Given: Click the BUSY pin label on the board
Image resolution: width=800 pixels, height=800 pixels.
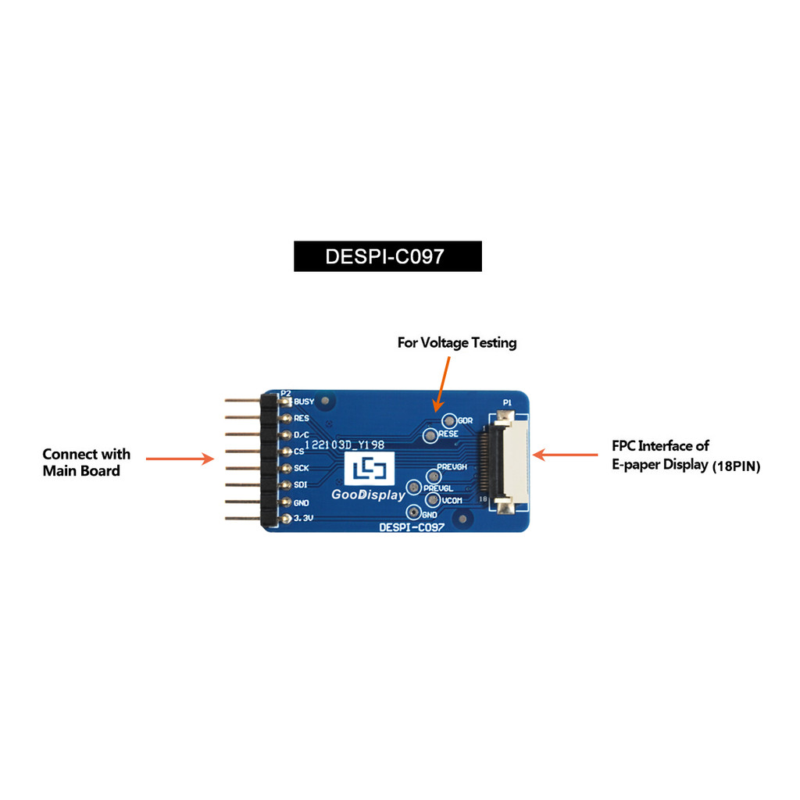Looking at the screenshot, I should [305, 402].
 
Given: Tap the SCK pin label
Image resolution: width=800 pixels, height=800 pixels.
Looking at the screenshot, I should [301, 468].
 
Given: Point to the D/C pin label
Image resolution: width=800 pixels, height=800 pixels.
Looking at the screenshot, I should [302, 434].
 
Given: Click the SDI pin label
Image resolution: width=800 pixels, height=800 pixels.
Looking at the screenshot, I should [301, 485].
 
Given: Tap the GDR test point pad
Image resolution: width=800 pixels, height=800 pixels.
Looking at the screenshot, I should [448, 420].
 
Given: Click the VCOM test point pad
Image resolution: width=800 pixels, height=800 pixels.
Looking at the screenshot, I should [431, 499].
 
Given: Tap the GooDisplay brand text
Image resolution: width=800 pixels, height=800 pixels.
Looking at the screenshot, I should [369, 495].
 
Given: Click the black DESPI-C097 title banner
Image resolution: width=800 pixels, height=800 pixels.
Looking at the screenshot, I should [387, 256].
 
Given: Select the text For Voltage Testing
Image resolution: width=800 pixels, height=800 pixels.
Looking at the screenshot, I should [457, 342].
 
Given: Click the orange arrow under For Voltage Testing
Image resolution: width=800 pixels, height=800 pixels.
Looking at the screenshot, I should [441, 384].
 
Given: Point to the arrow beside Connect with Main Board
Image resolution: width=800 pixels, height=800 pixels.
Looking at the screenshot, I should [180, 459].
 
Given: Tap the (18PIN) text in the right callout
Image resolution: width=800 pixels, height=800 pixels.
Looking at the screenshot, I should [736, 466].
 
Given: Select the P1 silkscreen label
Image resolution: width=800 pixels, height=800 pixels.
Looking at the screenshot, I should [507, 402].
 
